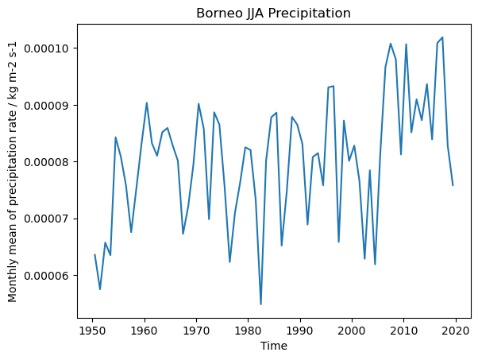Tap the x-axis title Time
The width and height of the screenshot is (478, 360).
[274, 346]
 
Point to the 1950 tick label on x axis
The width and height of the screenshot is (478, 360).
[92, 329]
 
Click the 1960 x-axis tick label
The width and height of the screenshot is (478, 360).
[145, 329]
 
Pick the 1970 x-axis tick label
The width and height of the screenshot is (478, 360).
[196, 329]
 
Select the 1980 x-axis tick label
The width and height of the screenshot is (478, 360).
[249, 329]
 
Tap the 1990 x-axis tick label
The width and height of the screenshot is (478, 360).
[300, 329]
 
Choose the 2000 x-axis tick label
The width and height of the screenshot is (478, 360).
[352, 329]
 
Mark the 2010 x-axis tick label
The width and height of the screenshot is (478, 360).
[404, 329]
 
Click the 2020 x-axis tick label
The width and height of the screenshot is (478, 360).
[456, 329]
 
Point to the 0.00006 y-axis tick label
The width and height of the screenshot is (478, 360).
[48, 275]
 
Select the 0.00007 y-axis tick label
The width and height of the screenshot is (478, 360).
[48, 219]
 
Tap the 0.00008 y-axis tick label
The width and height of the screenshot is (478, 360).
[48, 162]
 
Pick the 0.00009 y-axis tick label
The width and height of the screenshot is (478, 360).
[48, 105]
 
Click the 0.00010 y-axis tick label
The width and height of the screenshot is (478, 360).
[48, 48]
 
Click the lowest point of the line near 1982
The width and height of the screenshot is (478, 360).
[260, 304]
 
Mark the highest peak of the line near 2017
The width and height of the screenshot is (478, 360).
[442, 37]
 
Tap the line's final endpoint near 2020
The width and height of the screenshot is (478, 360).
[453, 185]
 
